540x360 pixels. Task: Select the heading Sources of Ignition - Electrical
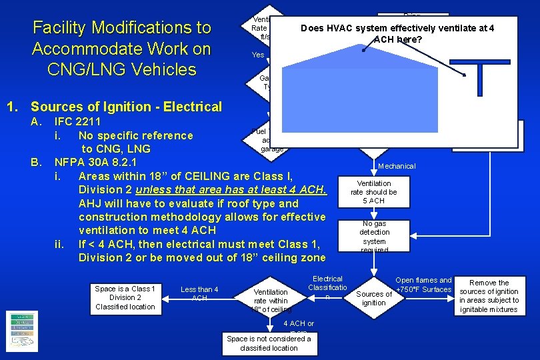[126, 107]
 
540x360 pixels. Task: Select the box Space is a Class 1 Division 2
[125, 297]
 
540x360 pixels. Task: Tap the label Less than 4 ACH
[199, 293]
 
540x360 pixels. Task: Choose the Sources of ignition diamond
[374, 298]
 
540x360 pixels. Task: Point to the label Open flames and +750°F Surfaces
[423, 285]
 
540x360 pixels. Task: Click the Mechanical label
[396, 166]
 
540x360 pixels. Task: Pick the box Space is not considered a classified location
[269, 343]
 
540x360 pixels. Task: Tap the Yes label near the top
[258, 55]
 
